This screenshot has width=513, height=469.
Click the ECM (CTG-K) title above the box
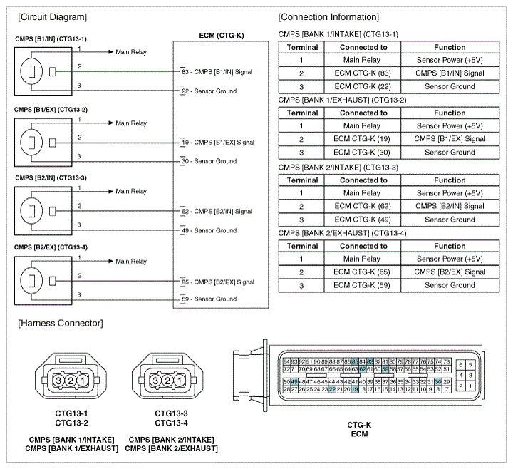click(x=221, y=34)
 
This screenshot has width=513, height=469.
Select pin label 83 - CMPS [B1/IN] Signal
click(x=218, y=72)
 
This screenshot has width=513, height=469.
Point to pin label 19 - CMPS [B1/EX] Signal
click(x=218, y=143)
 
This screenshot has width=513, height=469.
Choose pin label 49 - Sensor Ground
click(x=209, y=231)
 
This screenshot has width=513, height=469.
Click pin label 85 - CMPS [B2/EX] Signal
click(x=218, y=282)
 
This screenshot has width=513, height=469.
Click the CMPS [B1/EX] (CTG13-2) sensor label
click(x=51, y=110)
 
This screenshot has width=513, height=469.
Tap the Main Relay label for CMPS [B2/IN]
click(x=131, y=192)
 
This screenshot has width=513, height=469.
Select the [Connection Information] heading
click(x=328, y=16)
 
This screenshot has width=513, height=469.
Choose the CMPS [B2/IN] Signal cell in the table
click(x=450, y=207)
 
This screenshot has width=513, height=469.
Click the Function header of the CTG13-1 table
click(x=450, y=47)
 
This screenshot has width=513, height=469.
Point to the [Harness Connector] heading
click(x=61, y=324)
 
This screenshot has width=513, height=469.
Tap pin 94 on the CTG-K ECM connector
click(x=286, y=362)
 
